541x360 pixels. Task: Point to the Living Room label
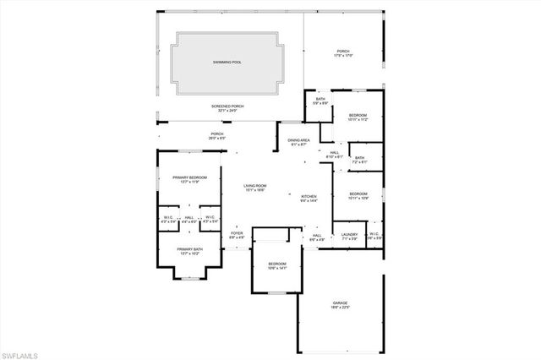[x=255, y=188]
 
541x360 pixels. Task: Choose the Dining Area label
[x=299, y=142]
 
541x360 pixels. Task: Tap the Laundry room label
[x=349, y=237]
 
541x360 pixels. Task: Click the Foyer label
[x=237, y=235]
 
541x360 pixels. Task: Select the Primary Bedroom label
[x=190, y=179]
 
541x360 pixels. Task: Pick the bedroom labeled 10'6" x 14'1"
[x=277, y=266]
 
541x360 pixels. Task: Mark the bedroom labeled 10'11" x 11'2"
[x=358, y=117]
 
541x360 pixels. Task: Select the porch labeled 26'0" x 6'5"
[x=217, y=136]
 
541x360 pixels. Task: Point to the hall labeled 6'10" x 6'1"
[x=335, y=155]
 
